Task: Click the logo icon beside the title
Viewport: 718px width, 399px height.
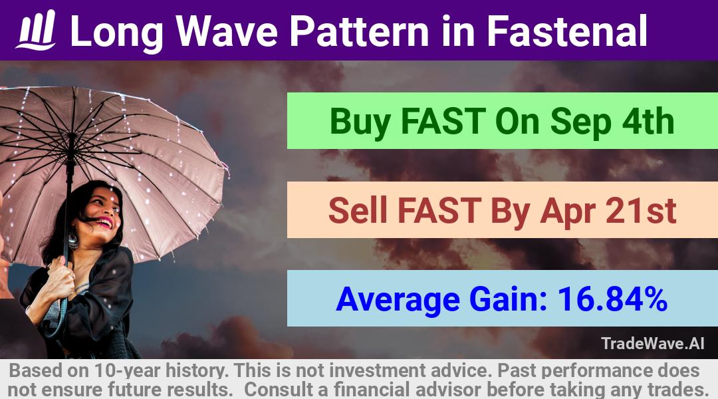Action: [x=36, y=29]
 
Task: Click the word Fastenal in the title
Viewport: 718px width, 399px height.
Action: [x=566, y=31]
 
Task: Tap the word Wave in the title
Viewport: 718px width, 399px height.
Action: [x=227, y=31]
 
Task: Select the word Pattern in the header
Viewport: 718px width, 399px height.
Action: [x=359, y=31]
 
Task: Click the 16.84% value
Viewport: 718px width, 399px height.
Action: [x=612, y=299]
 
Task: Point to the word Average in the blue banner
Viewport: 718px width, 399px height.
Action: [x=398, y=300]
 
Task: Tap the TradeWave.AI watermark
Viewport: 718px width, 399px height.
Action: [x=653, y=343]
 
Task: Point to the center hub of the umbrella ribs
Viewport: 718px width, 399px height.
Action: [x=71, y=136]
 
